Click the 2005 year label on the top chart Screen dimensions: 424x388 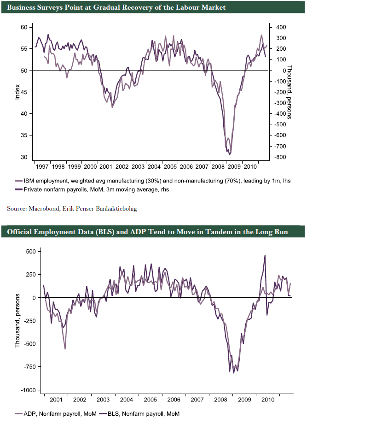170,166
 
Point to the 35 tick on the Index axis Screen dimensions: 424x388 23,135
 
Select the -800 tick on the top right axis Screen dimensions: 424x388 281,158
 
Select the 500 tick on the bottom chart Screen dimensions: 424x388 30,252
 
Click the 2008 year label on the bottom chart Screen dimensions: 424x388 220,399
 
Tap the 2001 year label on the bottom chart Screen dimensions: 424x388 56,399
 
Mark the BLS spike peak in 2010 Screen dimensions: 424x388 265,256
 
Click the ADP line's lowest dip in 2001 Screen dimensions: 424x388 65,349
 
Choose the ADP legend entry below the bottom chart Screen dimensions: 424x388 55,414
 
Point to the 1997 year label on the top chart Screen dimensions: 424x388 42,166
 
